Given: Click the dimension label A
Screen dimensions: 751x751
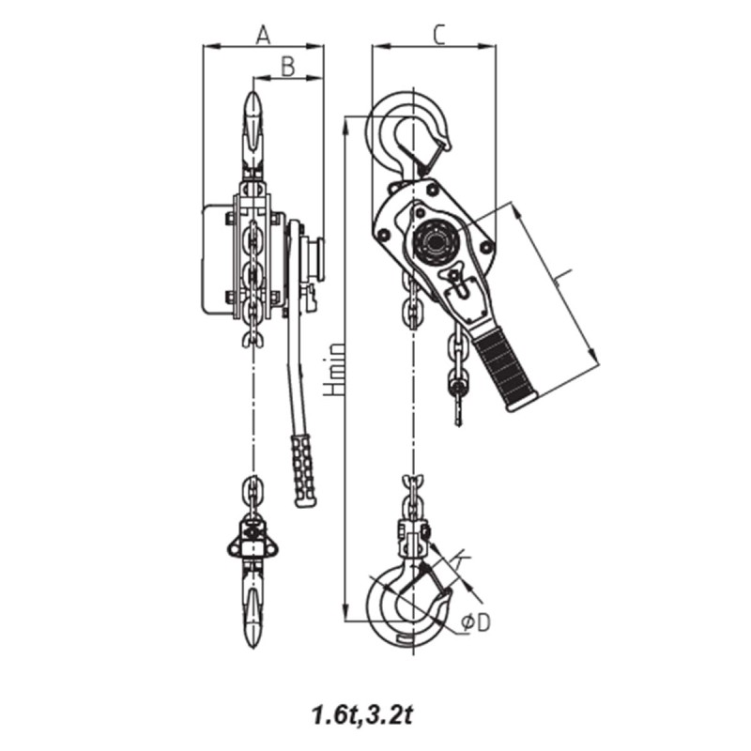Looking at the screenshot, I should tap(263, 35).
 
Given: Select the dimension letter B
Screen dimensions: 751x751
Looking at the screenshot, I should tap(288, 66).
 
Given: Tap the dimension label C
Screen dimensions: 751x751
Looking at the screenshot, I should tap(437, 35).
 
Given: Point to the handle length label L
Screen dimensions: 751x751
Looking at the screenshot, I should tap(560, 278).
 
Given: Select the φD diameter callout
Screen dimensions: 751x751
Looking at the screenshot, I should tap(477, 623).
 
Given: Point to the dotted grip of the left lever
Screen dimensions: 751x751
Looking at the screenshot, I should tap(303, 469).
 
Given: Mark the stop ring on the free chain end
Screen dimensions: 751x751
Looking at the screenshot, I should tap(457, 383).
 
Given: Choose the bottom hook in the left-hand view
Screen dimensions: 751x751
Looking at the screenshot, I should tap(253, 610).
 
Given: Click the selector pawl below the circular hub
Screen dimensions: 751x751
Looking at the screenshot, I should tap(457, 282).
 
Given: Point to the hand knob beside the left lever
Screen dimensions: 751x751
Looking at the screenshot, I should tap(316, 259).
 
